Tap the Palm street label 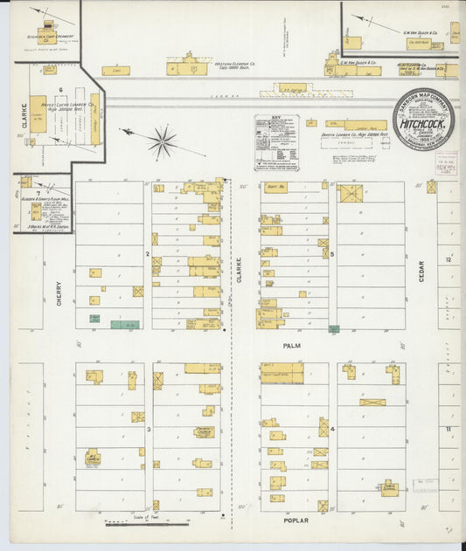[292, 345]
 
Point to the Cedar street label [421, 271]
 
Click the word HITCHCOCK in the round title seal [421, 127]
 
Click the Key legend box [276, 142]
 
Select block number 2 [148, 254]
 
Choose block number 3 [149, 430]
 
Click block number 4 [333, 429]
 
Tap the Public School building [388, 487]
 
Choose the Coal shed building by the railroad [115, 71]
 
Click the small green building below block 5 [333, 329]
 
